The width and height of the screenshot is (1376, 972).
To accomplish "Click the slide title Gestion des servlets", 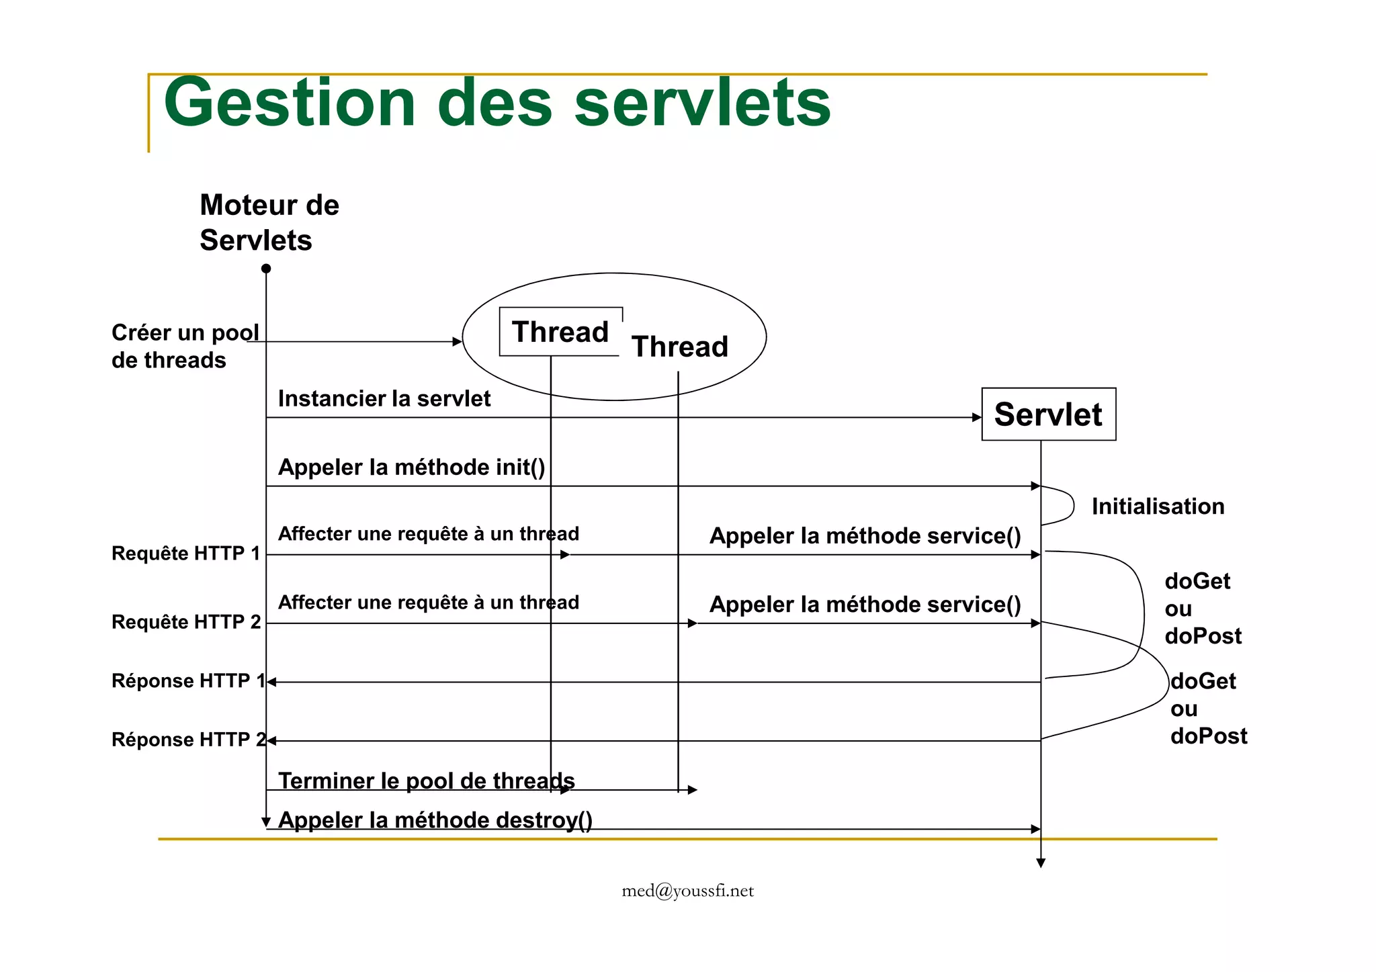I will point(497,102).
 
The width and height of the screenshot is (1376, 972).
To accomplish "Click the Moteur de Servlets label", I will point(269,222).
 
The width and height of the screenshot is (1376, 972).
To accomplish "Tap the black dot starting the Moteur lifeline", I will point(266,269).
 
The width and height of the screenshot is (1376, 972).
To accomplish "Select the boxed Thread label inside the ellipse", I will point(560,332).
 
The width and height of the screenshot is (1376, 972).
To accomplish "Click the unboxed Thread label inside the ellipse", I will point(679,347).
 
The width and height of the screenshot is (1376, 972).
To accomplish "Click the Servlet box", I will point(1048,414).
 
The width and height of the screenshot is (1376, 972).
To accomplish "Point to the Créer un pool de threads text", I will point(184,347).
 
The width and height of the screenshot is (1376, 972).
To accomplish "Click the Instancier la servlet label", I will point(384,398).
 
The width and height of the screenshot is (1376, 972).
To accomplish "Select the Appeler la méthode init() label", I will point(411,467).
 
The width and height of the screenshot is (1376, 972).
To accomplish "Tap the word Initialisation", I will point(1158,506).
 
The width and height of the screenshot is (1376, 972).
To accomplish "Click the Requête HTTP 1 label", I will point(185,554).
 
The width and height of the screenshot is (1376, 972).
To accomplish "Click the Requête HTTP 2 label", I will point(186,622).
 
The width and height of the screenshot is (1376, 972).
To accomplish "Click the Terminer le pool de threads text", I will point(426,781).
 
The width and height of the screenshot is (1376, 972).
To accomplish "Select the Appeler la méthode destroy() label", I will point(435,820).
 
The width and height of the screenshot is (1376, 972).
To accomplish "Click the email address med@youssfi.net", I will point(687,891).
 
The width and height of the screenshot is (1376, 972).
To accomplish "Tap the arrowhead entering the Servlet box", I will point(977,417).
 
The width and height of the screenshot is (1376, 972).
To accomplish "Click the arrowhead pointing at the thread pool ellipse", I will point(458,342).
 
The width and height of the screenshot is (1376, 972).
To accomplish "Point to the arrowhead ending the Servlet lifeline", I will point(1041,863).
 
